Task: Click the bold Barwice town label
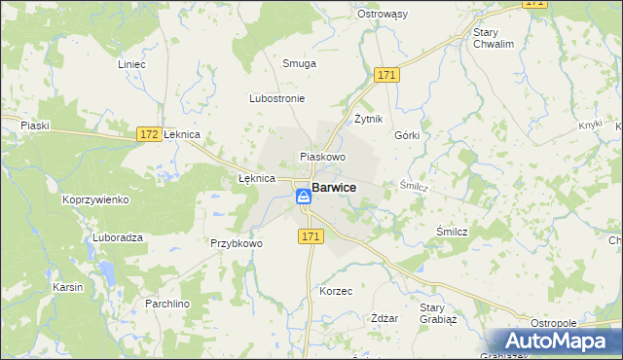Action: [x=334, y=189]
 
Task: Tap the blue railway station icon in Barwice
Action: [x=304, y=197]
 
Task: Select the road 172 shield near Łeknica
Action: [x=149, y=133]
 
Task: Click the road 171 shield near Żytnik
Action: [x=387, y=75]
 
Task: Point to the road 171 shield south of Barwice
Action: [x=311, y=236]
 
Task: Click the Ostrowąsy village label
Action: [x=410, y=15]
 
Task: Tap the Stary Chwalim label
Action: [x=492, y=38]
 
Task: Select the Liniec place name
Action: [x=130, y=64]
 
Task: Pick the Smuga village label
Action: [x=299, y=63]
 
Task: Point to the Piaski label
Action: [x=35, y=125]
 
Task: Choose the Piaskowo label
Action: [x=323, y=157]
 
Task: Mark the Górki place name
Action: [x=407, y=135]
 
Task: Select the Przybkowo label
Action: [x=237, y=244]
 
